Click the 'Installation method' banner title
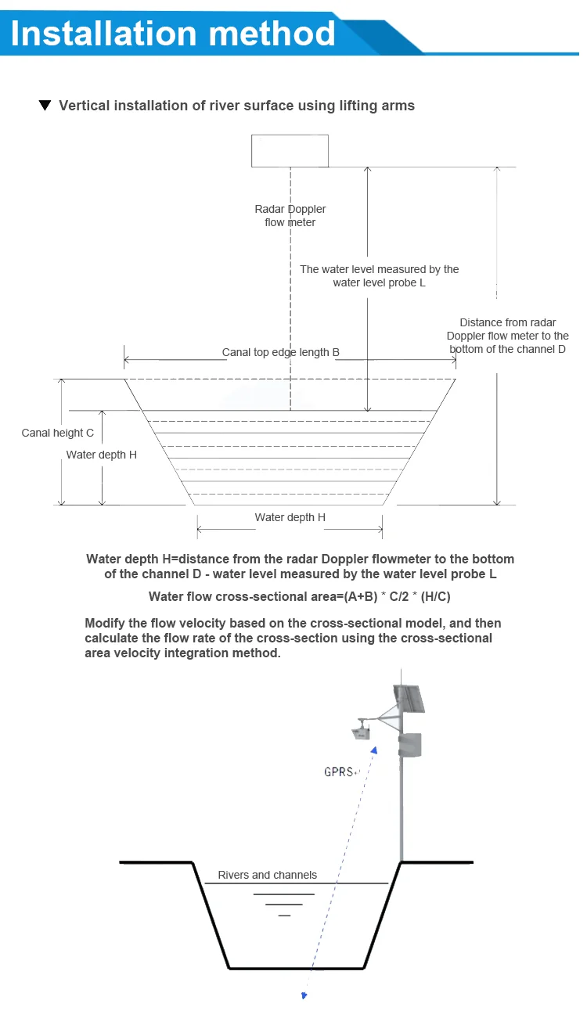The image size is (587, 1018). (x=173, y=33)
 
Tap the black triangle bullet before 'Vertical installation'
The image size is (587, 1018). (x=45, y=106)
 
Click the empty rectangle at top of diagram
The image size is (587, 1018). (x=290, y=150)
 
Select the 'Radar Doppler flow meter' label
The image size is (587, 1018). (x=290, y=215)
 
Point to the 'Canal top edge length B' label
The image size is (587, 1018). (x=280, y=352)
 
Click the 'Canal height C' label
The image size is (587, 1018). (x=58, y=433)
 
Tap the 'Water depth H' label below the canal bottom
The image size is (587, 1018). (x=290, y=517)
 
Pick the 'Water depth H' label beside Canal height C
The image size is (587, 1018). (x=101, y=455)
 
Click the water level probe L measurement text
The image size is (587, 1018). (x=380, y=275)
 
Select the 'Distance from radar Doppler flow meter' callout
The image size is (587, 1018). (x=513, y=336)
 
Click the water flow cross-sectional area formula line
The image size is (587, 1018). (x=300, y=597)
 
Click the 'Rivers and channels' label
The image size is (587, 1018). (x=267, y=875)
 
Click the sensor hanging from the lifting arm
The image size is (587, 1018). (x=361, y=732)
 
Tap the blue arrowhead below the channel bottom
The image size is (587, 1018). (x=304, y=995)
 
